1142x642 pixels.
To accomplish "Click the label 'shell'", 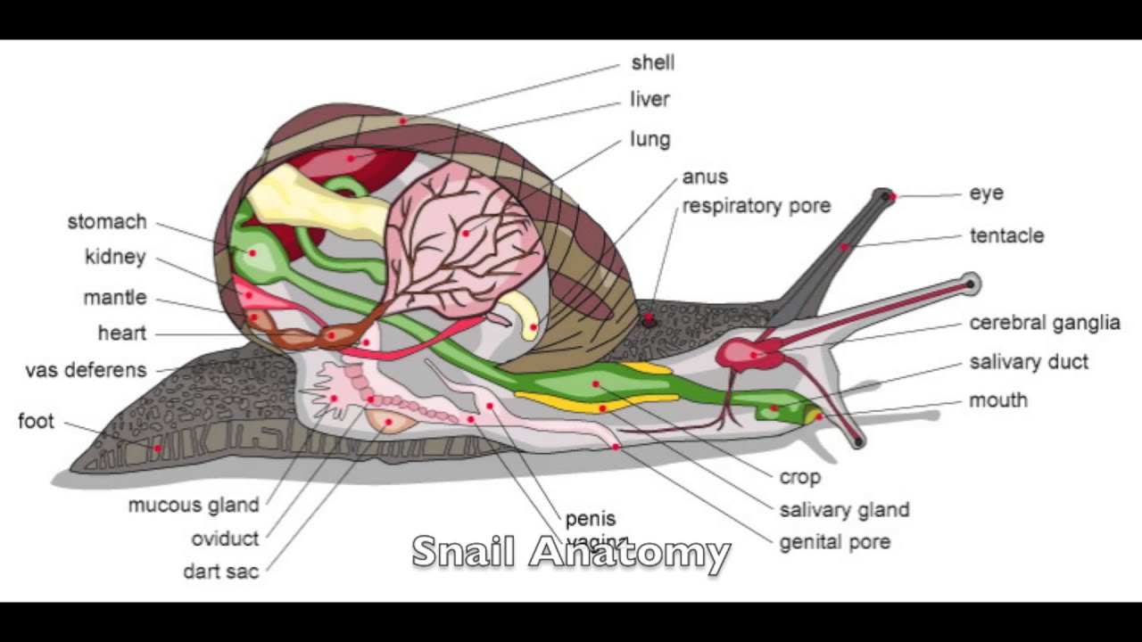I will coord(652,62).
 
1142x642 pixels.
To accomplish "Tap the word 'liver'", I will coord(650,99).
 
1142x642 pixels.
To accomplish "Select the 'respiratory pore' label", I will coord(756,206).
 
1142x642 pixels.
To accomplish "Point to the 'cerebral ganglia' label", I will coord(1044,323).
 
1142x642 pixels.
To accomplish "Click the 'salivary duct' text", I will coord(1028,362).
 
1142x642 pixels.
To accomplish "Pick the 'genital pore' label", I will coord(834,541).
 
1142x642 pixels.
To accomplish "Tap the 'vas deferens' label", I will coord(86,370).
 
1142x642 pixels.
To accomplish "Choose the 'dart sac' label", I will coord(220,571).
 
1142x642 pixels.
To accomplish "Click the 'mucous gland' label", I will coord(193,505).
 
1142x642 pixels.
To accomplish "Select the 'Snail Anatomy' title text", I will coord(571,552).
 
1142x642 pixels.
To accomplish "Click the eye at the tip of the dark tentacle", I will coord(885,195).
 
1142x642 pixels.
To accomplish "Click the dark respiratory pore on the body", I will coord(649,318).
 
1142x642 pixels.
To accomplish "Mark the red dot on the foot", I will coord(158,448).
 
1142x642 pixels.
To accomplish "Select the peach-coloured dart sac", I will coord(389,421).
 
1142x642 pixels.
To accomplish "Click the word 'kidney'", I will coord(115,258).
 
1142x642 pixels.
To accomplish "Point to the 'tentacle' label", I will coord(1006,235).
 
